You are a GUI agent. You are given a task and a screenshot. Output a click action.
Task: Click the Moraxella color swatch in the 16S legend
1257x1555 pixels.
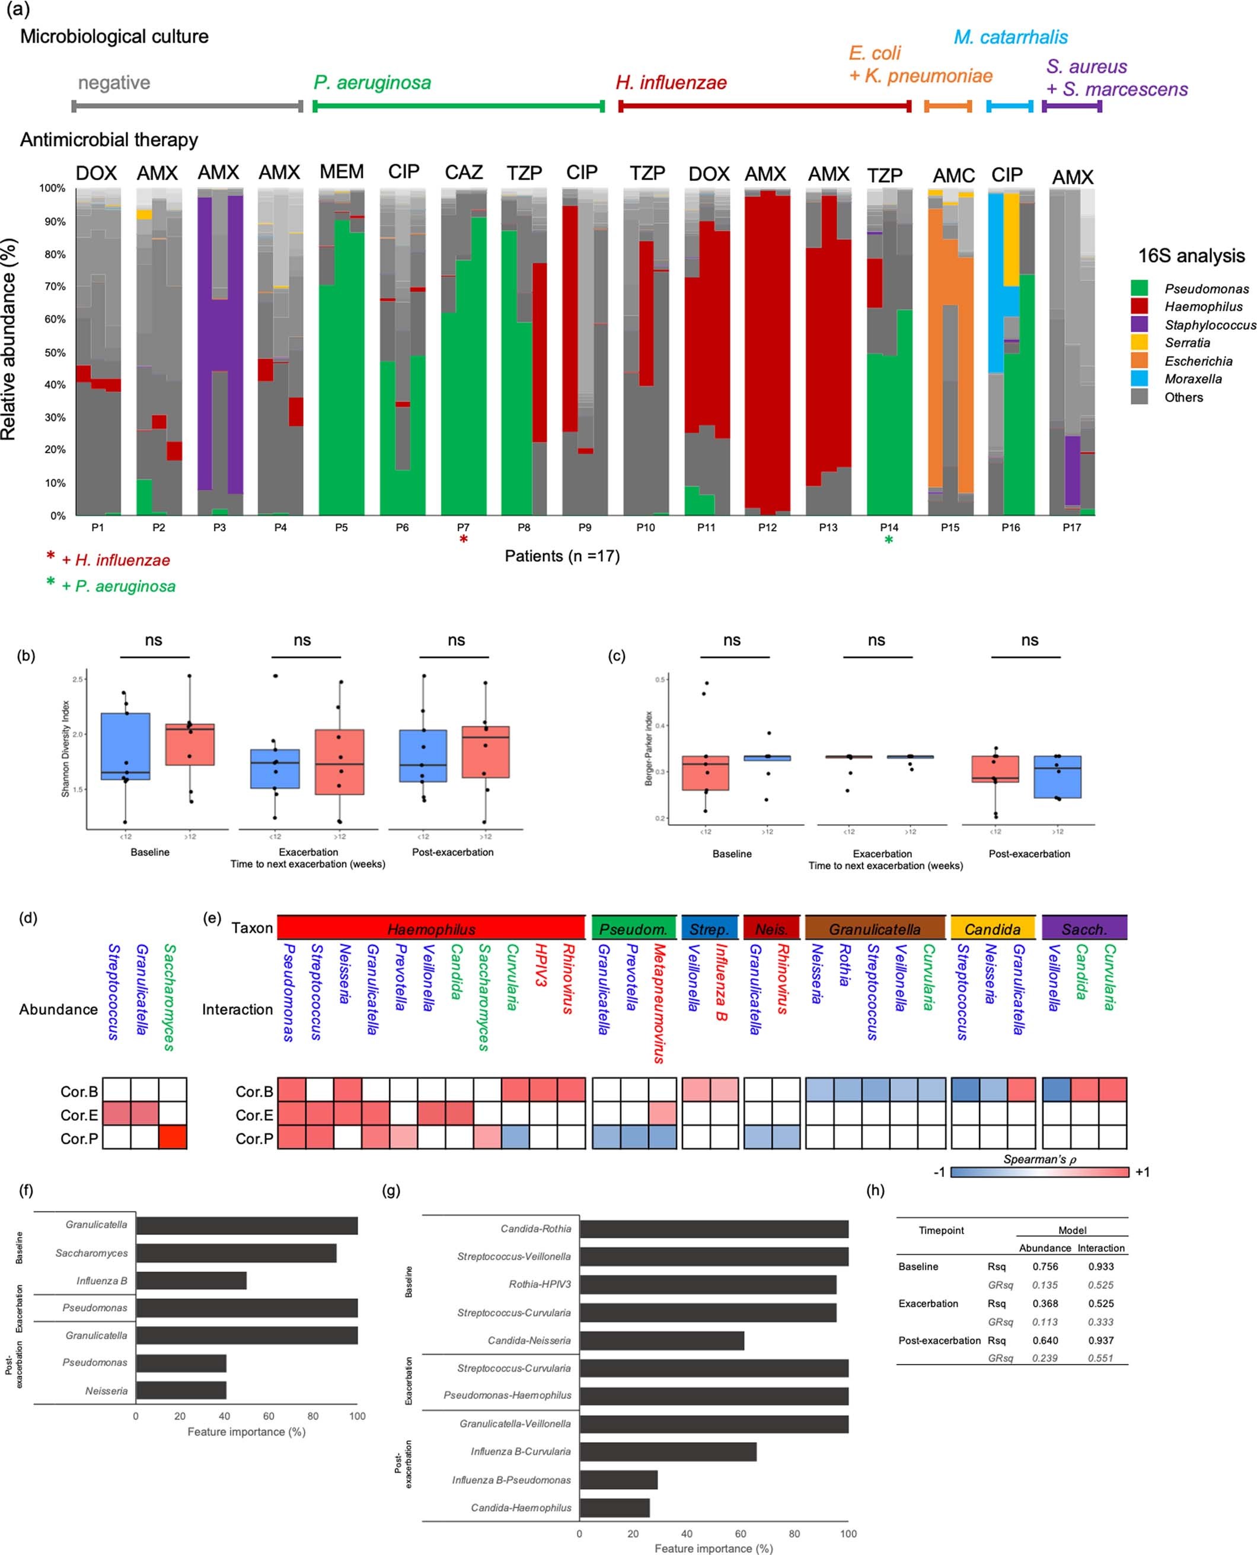(1139, 378)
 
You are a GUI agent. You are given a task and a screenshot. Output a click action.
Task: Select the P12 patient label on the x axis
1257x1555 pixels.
(767, 527)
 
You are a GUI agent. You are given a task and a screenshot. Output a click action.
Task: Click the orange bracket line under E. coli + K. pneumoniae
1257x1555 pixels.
(948, 107)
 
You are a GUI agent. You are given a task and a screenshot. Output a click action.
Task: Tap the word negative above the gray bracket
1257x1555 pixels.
(114, 82)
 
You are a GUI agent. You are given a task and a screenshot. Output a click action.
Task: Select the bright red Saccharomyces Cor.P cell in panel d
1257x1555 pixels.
(173, 1138)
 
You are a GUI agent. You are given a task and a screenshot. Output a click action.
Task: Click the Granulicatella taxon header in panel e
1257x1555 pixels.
(875, 929)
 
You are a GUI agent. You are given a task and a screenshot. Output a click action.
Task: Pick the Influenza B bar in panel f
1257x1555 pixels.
(191, 1280)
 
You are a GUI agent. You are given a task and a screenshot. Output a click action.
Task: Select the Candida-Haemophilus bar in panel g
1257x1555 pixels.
(614, 1507)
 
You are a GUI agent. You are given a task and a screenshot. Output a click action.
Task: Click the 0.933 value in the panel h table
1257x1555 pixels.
(1100, 1266)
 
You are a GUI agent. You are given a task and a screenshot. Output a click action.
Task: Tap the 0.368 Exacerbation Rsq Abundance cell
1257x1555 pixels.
(1045, 1303)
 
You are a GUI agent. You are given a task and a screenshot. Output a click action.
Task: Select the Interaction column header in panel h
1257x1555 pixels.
(1100, 1248)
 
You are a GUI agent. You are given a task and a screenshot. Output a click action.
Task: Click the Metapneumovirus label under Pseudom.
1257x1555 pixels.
(659, 1003)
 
